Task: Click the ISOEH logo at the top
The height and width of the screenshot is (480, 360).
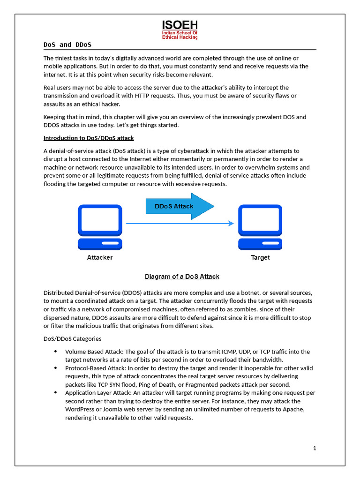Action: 180,30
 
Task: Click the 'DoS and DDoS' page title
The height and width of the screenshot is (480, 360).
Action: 67,45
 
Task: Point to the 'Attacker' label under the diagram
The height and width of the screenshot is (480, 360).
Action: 100,257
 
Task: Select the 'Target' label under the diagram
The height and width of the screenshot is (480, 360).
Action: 260,257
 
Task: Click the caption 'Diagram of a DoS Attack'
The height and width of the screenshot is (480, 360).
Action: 182,276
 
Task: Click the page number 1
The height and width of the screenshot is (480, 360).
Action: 315,448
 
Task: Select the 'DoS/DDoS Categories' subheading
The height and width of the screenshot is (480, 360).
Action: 72,338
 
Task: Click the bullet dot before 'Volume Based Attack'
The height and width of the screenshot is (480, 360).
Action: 55,352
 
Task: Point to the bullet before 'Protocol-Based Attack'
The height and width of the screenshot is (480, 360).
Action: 55,368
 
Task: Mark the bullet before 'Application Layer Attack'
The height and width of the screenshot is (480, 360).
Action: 55,393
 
